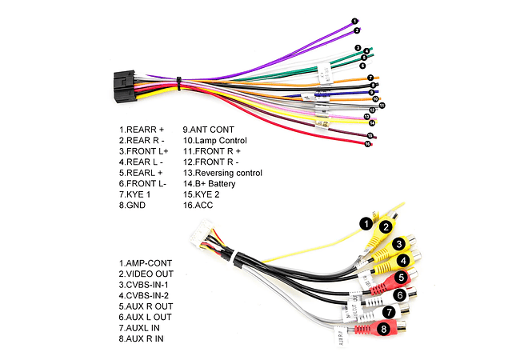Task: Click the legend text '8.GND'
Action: click(132, 206)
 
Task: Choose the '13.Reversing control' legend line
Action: click(222, 173)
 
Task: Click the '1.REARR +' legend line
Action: click(142, 129)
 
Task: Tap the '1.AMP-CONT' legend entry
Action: click(145, 262)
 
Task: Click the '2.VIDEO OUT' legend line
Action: click(146, 274)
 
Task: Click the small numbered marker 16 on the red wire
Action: click(368, 144)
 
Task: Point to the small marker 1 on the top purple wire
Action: click(354, 21)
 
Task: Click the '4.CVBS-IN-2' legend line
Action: click(146, 295)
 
